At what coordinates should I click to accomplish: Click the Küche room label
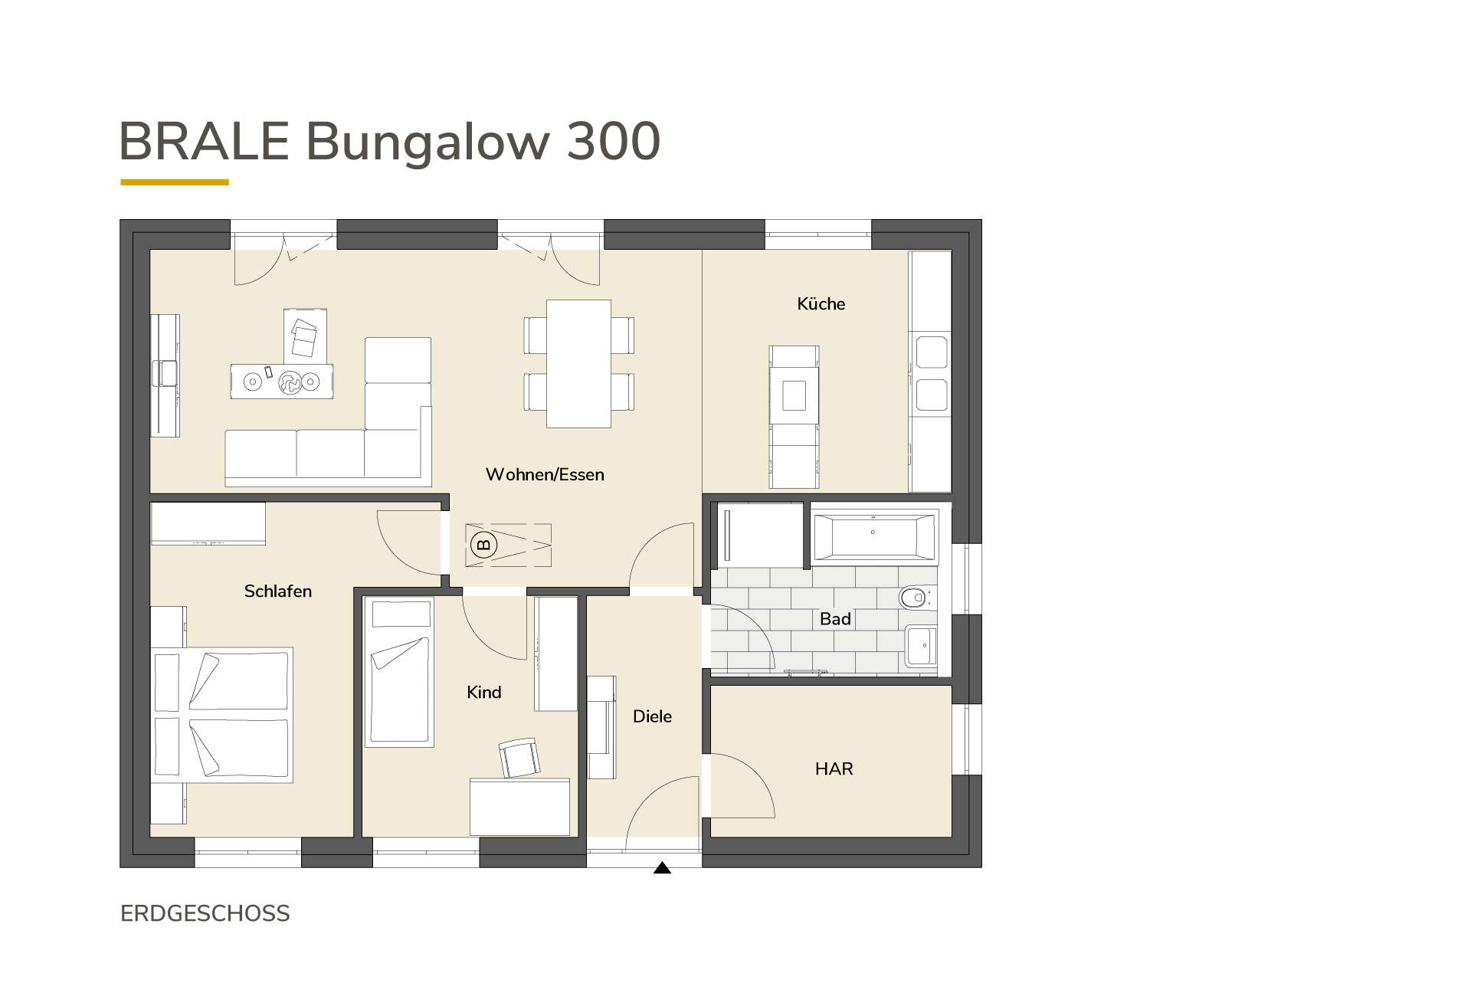[821, 304]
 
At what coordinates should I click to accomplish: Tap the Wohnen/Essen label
[545, 475]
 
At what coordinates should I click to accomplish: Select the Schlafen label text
[278, 591]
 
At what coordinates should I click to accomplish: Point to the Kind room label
[484, 693]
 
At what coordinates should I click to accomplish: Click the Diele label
[652, 717]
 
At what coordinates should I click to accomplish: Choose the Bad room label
[835, 619]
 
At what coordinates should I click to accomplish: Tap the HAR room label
[834, 769]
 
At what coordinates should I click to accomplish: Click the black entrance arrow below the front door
[662, 868]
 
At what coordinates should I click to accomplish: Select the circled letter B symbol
[483, 545]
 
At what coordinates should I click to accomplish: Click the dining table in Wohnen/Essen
[578, 364]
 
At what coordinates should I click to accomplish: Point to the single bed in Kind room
[399, 673]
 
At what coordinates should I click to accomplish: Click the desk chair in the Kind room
[519, 758]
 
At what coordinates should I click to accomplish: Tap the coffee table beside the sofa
[282, 381]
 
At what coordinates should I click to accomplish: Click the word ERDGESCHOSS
[205, 914]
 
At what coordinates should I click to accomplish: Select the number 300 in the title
[613, 141]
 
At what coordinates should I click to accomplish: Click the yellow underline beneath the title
[175, 182]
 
